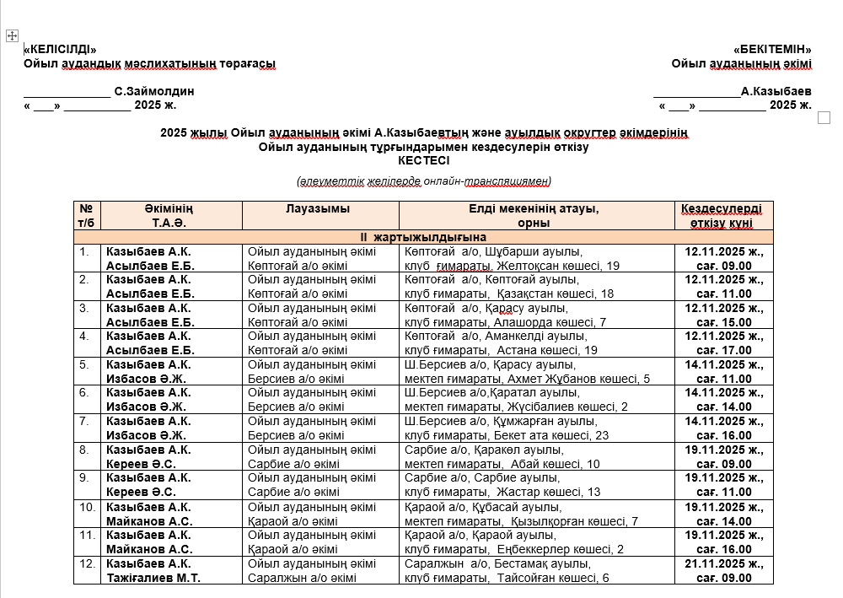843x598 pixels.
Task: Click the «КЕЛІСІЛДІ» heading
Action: pyautogui.click(x=60, y=49)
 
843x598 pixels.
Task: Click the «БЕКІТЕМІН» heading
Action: pyautogui.click(x=772, y=49)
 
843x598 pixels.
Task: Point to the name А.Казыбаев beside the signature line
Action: pyautogui.click(x=776, y=91)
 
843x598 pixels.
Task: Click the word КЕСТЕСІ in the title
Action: pyautogui.click(x=423, y=160)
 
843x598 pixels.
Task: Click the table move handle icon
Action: pyautogui.click(x=13, y=35)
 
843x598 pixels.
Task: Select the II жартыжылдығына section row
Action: pyautogui.click(x=423, y=237)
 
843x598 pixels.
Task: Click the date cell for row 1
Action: pyautogui.click(x=723, y=258)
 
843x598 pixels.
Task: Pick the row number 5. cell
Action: pyautogui.click(x=83, y=365)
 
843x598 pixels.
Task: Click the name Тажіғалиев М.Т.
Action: pyautogui.click(x=153, y=578)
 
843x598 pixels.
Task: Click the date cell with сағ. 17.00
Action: pyautogui.click(x=723, y=343)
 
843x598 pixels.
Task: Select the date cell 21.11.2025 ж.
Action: pyautogui.click(x=723, y=563)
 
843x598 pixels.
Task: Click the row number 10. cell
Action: pyautogui.click(x=86, y=507)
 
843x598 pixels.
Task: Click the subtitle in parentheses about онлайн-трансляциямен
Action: pyautogui.click(x=423, y=180)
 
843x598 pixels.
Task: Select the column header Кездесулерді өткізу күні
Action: pyautogui.click(x=723, y=215)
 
